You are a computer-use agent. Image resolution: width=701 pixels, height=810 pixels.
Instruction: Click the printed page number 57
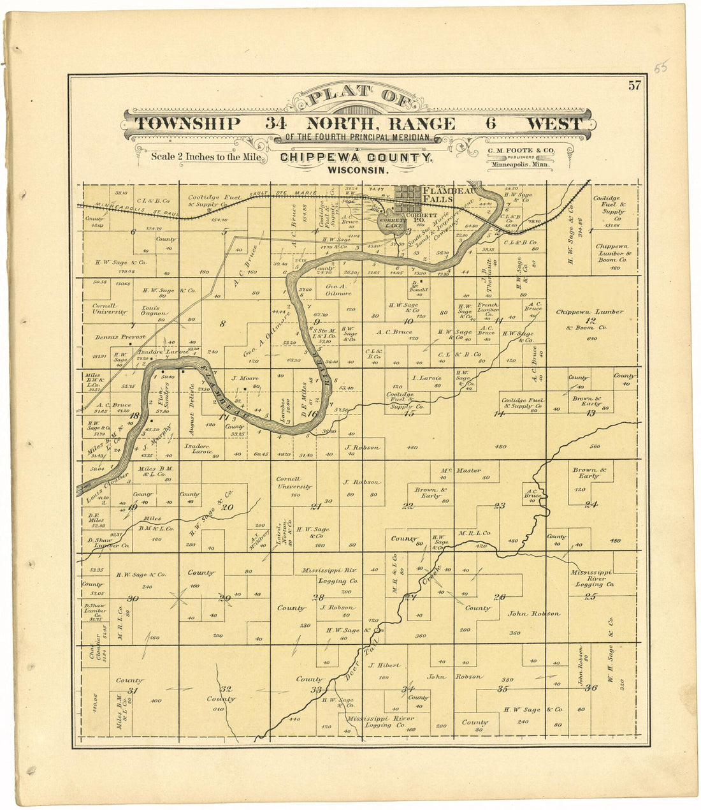coord(634,87)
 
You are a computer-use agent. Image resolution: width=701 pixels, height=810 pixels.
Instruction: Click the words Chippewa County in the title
coord(357,158)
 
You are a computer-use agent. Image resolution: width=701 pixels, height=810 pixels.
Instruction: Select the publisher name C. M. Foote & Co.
coord(517,151)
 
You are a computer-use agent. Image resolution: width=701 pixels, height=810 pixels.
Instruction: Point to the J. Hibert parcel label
coord(384,665)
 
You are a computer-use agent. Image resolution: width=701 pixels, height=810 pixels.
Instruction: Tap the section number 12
coord(591,321)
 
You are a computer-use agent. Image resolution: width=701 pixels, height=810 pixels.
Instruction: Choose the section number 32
coord(226,689)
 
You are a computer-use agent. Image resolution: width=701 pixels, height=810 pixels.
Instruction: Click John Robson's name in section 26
coord(533,614)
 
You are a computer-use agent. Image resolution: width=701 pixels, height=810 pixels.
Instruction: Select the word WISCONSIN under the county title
coord(358,170)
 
